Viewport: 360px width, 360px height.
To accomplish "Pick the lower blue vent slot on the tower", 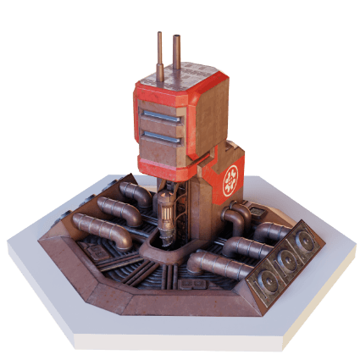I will pyautogui.click(x=158, y=136).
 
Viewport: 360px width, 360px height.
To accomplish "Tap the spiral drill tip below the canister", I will pyautogui.click(x=167, y=241).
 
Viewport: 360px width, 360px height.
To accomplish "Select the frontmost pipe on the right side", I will pyautogui.click(x=212, y=263).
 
